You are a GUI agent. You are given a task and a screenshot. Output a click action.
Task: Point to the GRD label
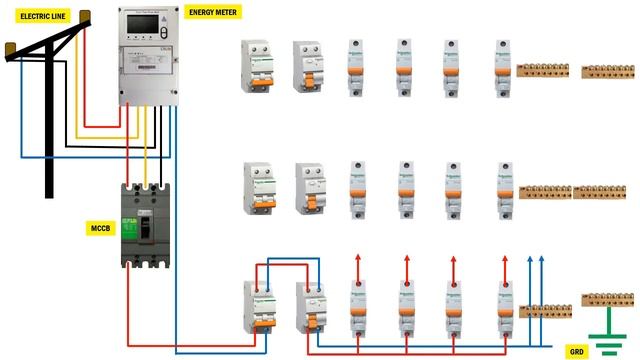[x=577, y=352]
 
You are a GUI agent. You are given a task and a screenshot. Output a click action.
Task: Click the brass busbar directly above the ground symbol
[x=607, y=298]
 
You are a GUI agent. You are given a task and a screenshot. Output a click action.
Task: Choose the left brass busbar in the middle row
[x=545, y=189]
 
